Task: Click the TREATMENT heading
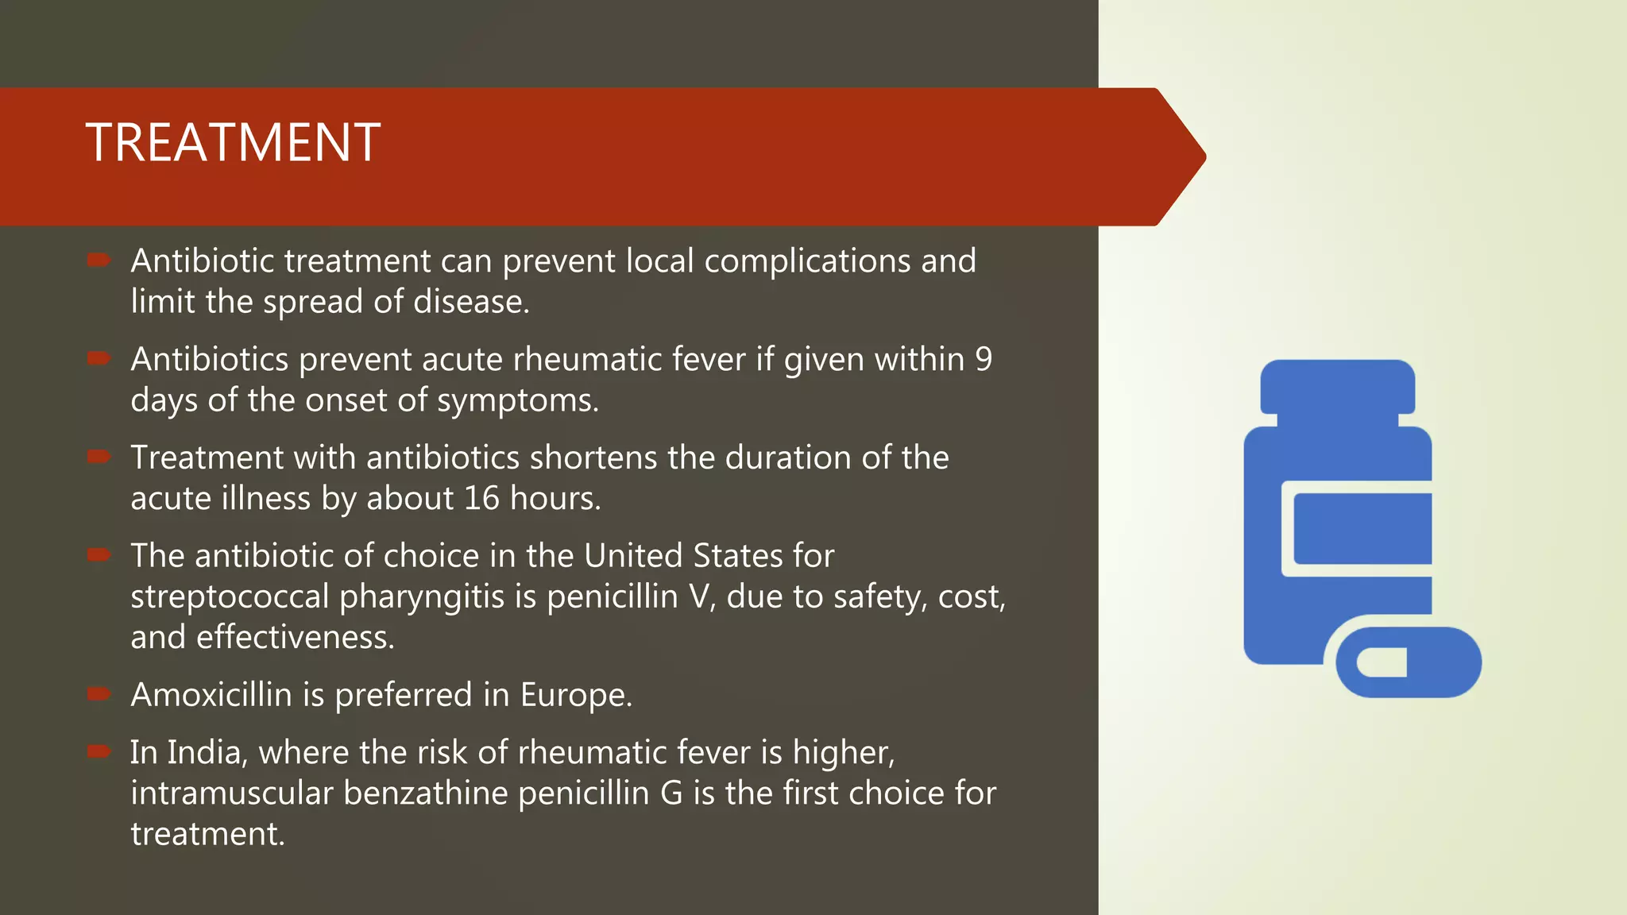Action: pyautogui.click(x=233, y=144)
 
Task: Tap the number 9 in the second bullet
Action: pyautogui.click(x=984, y=360)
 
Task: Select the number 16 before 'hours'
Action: pyautogui.click(x=481, y=499)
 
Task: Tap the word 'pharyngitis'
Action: pyautogui.click(x=422, y=596)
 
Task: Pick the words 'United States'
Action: pyautogui.click(x=709, y=556)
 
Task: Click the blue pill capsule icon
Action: pyautogui.click(x=1409, y=662)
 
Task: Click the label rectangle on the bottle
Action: pyautogui.click(x=1362, y=528)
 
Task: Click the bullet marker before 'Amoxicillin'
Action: pyautogui.click(x=99, y=693)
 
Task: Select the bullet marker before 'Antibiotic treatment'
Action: pyautogui.click(x=99, y=260)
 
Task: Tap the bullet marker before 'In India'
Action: pyautogui.click(x=99, y=751)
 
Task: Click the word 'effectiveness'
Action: pyautogui.click(x=295, y=638)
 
